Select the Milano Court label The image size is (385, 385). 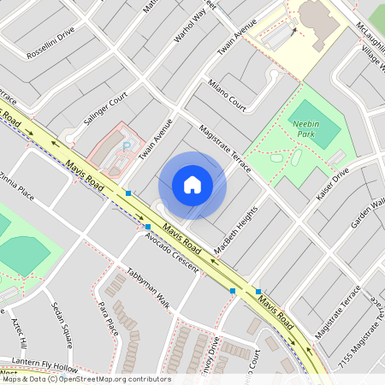227,96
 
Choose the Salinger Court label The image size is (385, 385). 106,110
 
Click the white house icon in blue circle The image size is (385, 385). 192,185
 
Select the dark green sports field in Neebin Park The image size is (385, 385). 314,128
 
